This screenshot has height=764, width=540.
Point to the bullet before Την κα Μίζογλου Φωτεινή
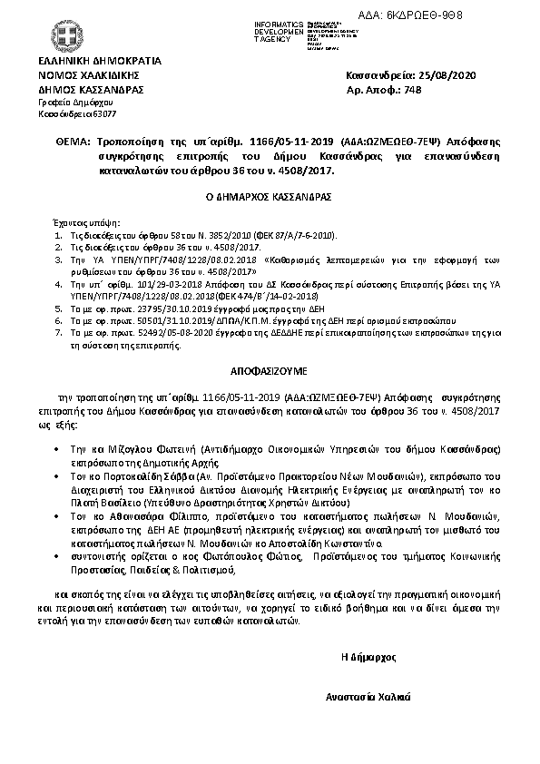pos(58,449)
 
